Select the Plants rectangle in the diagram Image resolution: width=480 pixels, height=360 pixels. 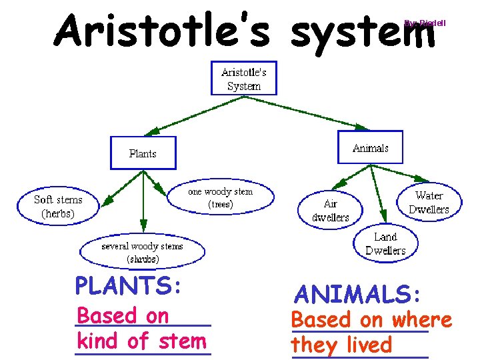[143, 153]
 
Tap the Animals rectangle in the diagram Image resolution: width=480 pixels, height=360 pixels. [370, 147]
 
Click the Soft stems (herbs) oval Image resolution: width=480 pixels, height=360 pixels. [58, 207]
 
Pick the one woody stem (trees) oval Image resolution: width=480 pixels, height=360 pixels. [220, 198]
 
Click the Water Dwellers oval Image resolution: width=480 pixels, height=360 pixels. [429, 202]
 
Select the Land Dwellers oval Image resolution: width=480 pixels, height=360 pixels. [385, 243]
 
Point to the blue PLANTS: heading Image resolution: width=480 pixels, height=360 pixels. [128, 285]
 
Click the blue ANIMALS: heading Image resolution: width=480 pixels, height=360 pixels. [357, 293]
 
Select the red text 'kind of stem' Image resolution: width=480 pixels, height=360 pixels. [142, 341]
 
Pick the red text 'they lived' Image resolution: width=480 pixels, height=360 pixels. [341, 345]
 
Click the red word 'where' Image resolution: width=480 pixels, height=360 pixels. [422, 320]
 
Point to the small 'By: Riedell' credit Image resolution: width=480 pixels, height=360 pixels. [425, 23]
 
